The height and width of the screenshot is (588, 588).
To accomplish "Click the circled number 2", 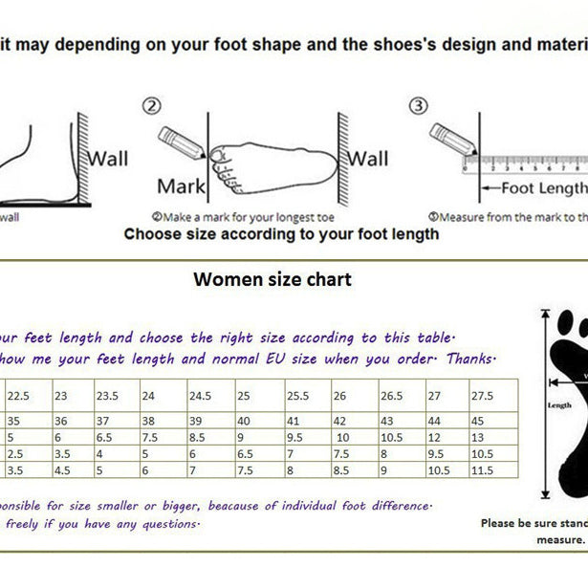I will point(153,108).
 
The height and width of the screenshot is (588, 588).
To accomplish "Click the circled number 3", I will point(419,107).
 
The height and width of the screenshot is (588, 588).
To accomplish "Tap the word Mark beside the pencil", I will point(181,185).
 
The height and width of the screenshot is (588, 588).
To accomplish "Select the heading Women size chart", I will point(272,279).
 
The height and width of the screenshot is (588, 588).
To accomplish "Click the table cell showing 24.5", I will point(199,395).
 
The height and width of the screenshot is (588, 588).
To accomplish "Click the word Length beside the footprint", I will point(559,403).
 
